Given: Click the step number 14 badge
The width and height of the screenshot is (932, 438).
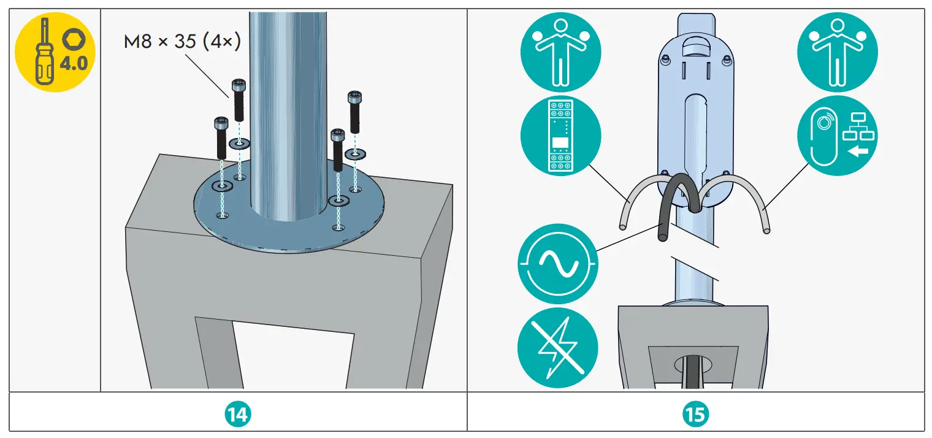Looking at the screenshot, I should [237, 415].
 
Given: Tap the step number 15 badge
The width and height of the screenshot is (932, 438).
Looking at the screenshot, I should [695, 415].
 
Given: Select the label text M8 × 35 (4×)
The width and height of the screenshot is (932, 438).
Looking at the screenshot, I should [182, 42].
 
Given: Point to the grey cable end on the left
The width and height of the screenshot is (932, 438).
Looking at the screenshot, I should [623, 227].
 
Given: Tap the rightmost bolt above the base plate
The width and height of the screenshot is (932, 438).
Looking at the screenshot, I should [354, 110].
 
